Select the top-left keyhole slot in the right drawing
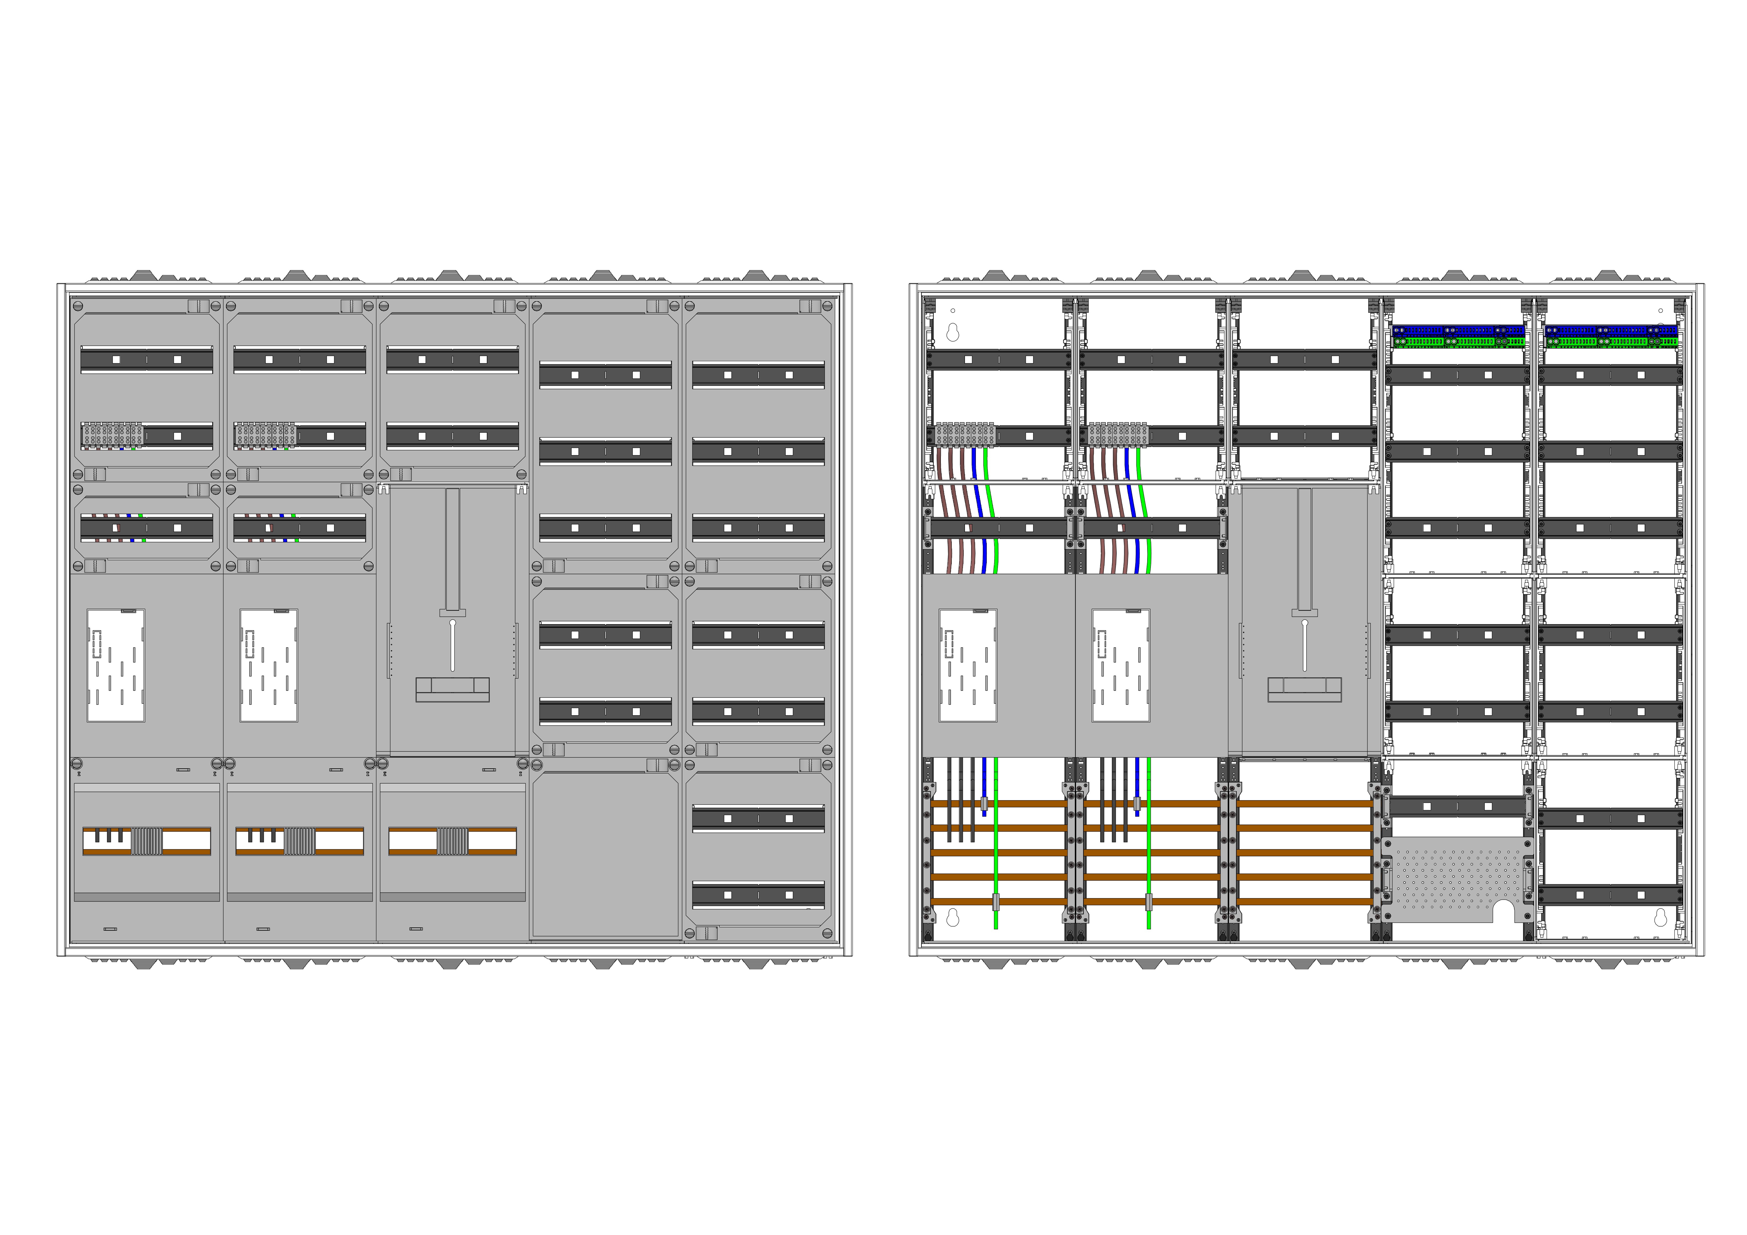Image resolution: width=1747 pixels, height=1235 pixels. (x=953, y=332)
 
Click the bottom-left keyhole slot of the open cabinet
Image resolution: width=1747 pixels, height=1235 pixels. (x=953, y=918)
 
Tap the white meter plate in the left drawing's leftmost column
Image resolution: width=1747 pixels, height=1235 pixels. (x=116, y=665)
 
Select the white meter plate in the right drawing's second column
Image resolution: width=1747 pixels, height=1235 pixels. (x=1120, y=665)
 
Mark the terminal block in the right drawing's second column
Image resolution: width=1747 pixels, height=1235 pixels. (x=1117, y=435)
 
